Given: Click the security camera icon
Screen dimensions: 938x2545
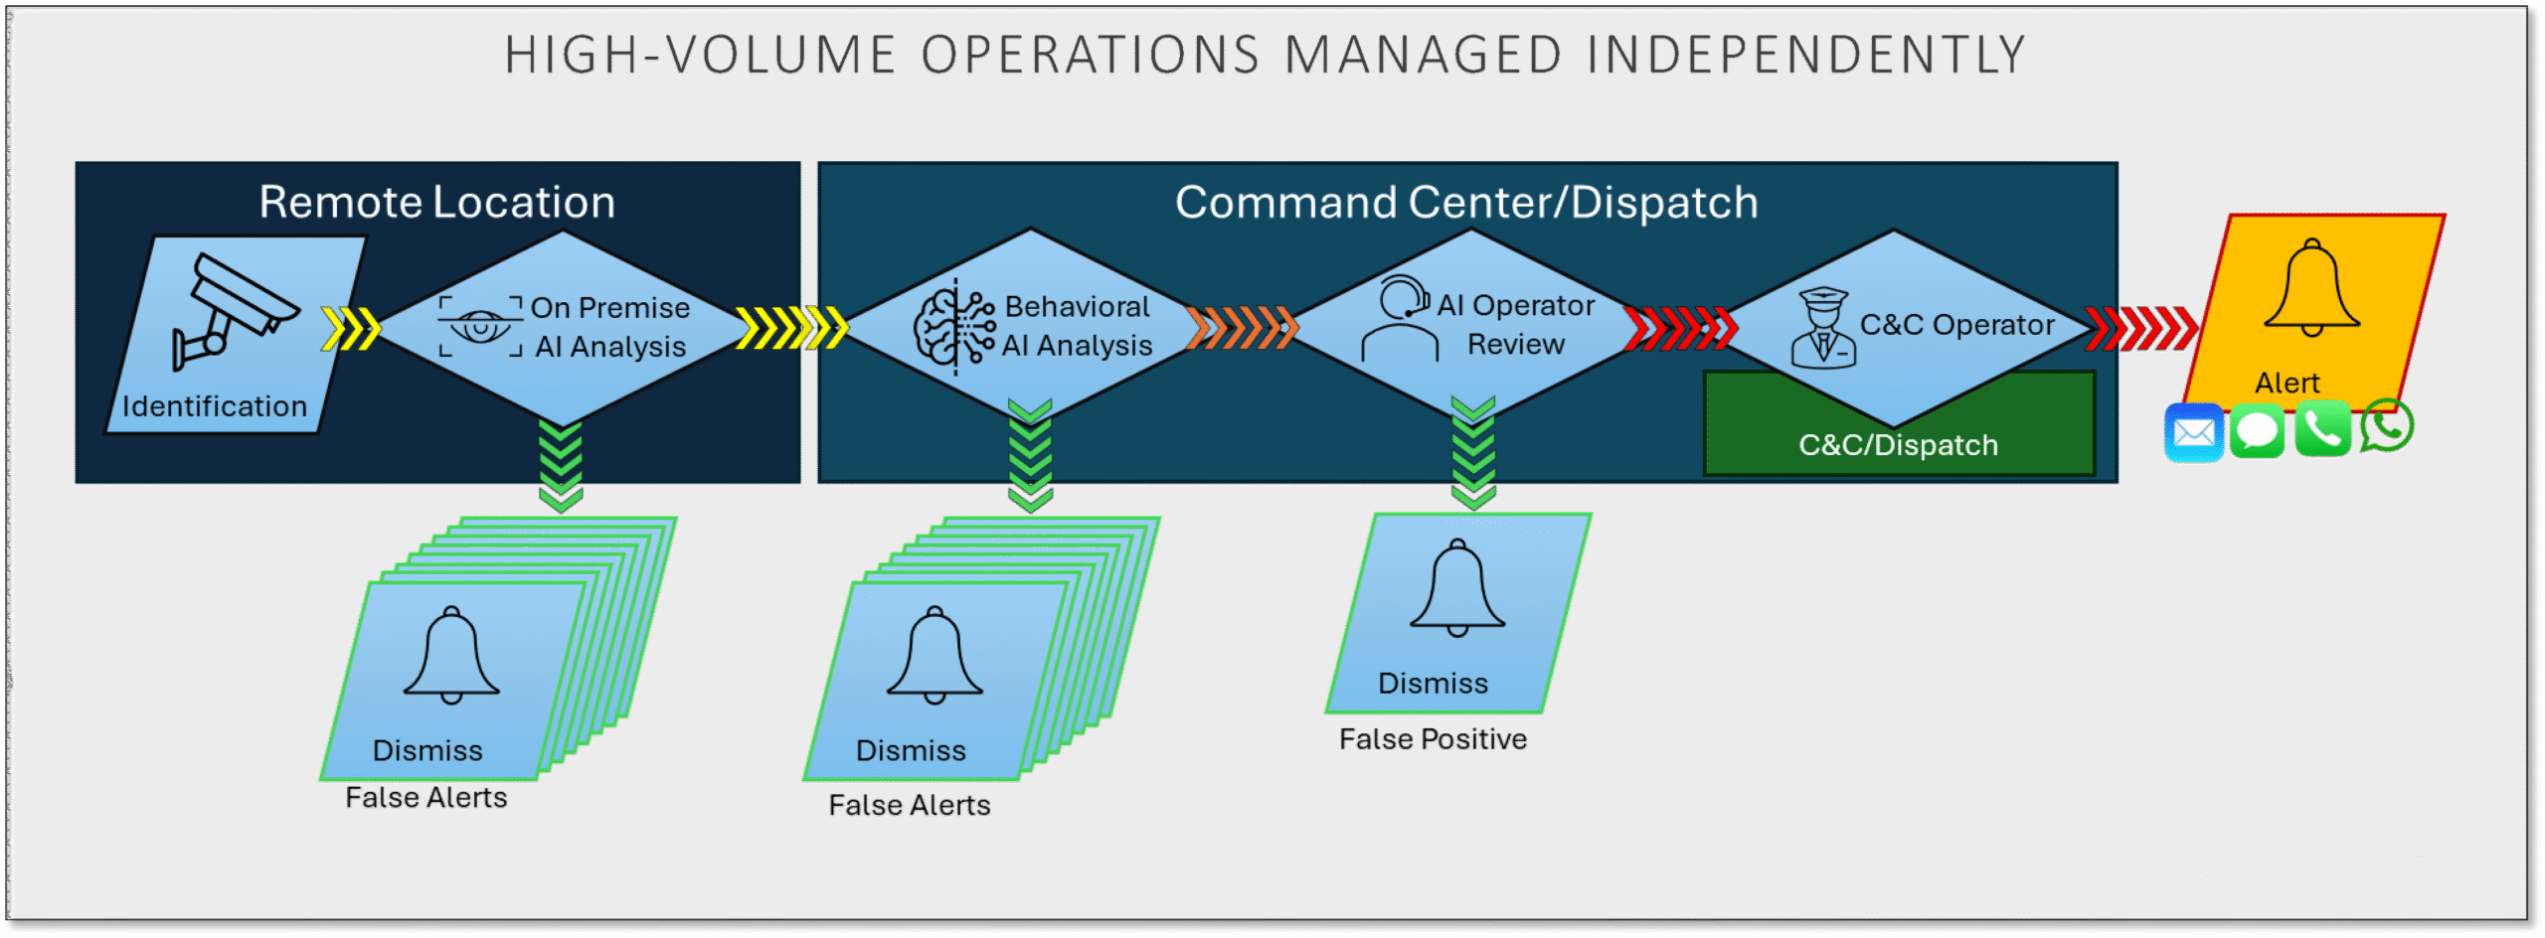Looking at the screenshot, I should point(235,310).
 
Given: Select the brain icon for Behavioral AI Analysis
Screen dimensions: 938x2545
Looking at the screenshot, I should point(953,326).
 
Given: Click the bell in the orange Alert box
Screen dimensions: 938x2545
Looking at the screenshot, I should point(2311,288).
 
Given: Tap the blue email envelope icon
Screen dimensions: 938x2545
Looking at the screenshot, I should point(2193,433).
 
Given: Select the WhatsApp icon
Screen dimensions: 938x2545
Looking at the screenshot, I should point(2386,426).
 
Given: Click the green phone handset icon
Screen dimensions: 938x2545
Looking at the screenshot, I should point(2322,429).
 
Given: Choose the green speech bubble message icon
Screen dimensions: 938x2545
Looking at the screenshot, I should point(2257,431).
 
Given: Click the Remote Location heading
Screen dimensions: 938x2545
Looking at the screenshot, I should point(437,203).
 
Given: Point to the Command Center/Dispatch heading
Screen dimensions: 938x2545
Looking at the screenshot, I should point(1466,203).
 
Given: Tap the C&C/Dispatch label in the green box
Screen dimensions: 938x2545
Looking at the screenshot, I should point(1898,445).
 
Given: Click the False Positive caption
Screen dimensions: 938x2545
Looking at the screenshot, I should point(1433,739).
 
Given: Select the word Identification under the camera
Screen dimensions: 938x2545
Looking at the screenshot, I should point(215,406).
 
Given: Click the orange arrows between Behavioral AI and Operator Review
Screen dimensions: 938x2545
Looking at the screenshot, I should point(1242,327).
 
